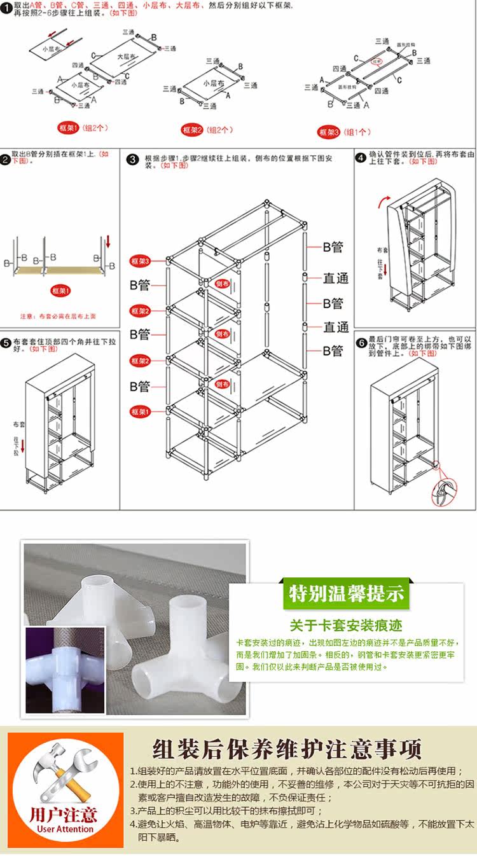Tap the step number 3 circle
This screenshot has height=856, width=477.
point(132,159)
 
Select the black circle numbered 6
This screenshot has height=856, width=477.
point(361,342)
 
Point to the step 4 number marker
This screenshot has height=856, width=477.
point(361,156)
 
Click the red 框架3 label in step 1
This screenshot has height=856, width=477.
point(329,132)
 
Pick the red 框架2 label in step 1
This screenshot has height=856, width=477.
point(192,130)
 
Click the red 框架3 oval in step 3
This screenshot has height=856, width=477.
point(140,261)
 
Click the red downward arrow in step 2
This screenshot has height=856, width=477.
point(108,241)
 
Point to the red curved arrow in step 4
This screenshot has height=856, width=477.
point(383,202)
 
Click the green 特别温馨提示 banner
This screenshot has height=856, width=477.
point(347,594)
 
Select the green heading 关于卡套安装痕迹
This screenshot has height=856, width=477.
point(346,626)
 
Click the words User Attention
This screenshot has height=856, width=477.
point(65,829)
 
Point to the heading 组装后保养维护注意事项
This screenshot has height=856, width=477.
point(287,749)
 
